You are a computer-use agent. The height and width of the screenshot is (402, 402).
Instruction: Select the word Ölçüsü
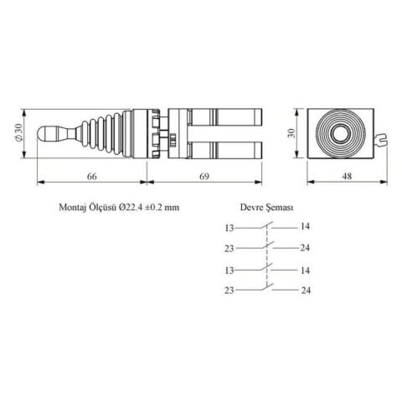[x=109, y=208]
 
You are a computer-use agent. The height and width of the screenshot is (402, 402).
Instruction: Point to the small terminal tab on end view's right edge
[x=384, y=142]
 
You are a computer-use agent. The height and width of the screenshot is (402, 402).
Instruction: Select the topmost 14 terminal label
[x=305, y=227]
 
